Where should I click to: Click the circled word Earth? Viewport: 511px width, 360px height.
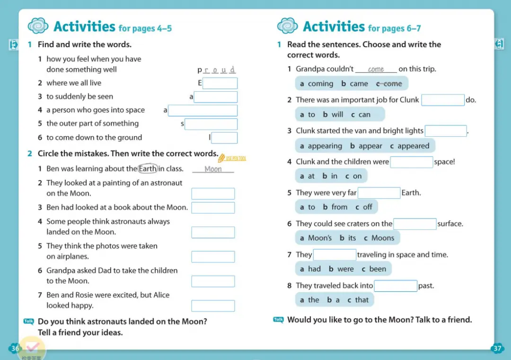[x=148, y=169]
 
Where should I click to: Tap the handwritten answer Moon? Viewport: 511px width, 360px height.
[x=213, y=169]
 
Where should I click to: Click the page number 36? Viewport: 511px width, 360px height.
[x=15, y=349]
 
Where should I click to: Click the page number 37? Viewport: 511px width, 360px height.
[x=497, y=349]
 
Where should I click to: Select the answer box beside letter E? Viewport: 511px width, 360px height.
[x=220, y=83]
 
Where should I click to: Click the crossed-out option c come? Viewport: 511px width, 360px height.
[x=389, y=84]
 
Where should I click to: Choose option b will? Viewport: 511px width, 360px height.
[x=333, y=114]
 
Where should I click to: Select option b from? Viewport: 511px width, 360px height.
[x=335, y=207]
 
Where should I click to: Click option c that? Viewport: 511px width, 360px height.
[x=358, y=300]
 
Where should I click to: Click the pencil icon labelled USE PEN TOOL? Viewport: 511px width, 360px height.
[x=221, y=158]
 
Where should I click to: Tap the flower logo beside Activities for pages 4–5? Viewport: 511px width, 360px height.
[x=38, y=26]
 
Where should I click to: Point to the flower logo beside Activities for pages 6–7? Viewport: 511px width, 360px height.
[x=287, y=26]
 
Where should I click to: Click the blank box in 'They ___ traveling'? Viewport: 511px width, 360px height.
[x=335, y=255]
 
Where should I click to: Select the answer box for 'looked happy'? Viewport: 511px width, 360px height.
[x=213, y=306]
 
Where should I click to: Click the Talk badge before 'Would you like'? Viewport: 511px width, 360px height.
[x=279, y=320]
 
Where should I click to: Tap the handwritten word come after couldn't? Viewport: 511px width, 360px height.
[x=376, y=70]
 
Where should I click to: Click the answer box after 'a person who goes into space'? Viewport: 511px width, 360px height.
[x=203, y=111]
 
